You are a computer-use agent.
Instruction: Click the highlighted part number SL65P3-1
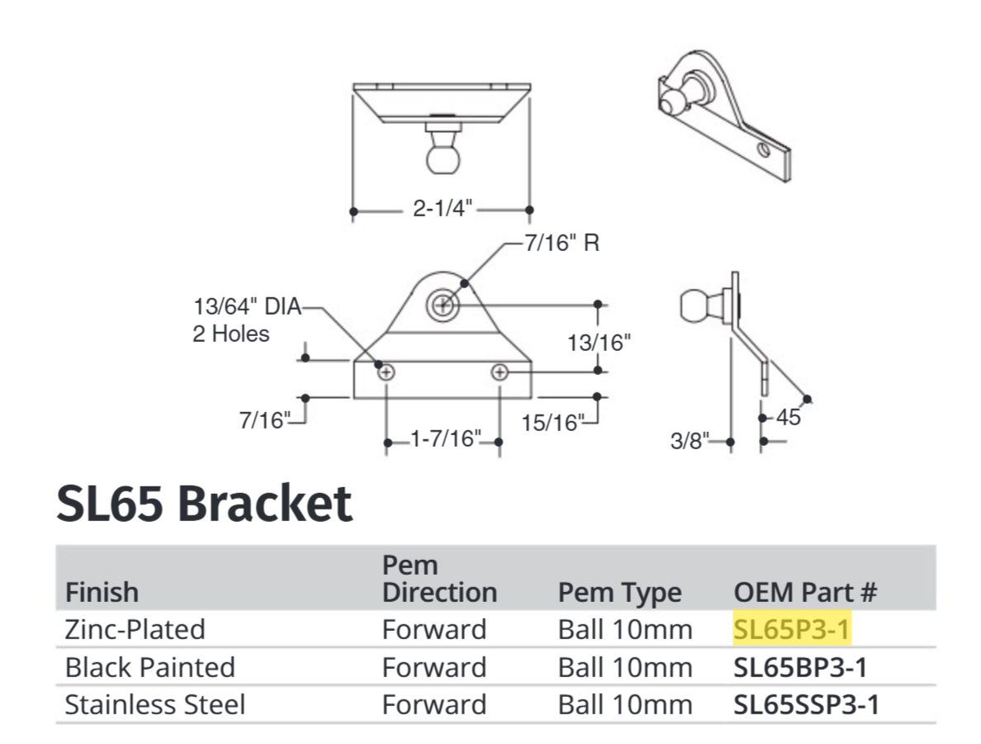(x=791, y=629)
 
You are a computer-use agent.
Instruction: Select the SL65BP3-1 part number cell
(x=800, y=666)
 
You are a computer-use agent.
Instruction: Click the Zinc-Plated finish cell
(x=135, y=629)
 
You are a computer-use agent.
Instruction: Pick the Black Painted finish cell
(x=149, y=666)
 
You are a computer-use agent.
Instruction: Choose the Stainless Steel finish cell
(x=154, y=704)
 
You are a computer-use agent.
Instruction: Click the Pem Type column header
(x=619, y=592)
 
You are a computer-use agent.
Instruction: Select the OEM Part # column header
(x=805, y=592)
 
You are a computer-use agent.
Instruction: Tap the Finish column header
(x=102, y=592)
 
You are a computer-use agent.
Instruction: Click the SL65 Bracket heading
(x=204, y=503)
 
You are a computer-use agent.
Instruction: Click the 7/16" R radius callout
(x=562, y=245)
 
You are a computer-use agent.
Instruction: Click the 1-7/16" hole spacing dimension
(x=444, y=438)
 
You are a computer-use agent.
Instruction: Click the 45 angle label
(x=789, y=418)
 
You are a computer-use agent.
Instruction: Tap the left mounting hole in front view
(x=386, y=372)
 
